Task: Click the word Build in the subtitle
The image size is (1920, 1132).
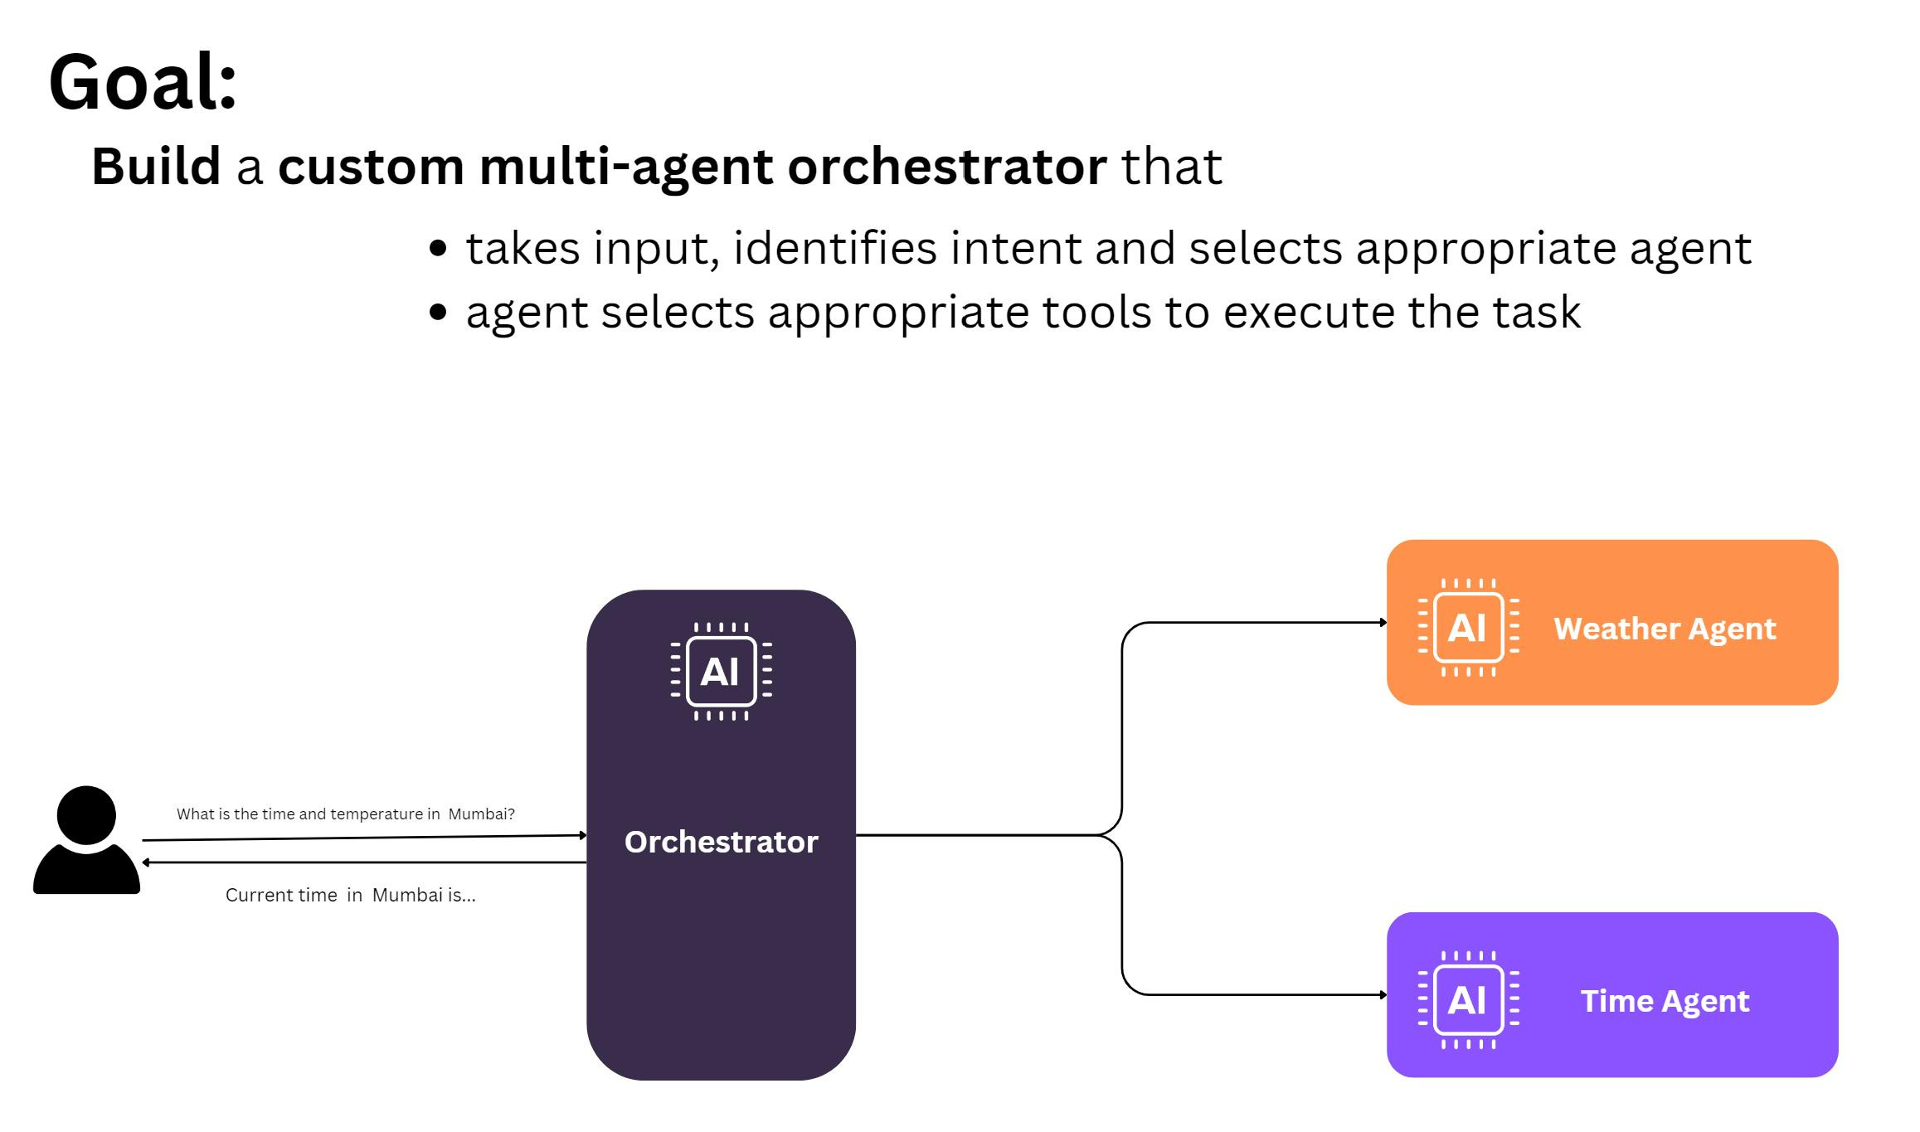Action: [x=156, y=166]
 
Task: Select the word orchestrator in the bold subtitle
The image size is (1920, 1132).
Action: [x=946, y=166]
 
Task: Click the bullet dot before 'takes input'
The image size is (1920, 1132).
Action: [x=439, y=248]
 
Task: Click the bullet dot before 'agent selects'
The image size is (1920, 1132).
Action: [x=439, y=313]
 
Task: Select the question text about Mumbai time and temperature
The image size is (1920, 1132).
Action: [x=345, y=814]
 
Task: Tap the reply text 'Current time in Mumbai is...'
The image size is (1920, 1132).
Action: [x=350, y=896]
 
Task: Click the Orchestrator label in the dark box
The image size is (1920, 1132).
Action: [x=721, y=842]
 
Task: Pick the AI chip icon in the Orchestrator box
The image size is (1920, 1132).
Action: [x=721, y=671]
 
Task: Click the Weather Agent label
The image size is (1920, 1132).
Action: [x=1665, y=629]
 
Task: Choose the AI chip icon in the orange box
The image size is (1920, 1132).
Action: [x=1468, y=627]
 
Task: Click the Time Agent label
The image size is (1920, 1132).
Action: [x=1665, y=1001]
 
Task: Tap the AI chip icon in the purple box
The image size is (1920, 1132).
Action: [x=1468, y=999]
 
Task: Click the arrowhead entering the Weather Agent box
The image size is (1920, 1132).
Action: [x=1383, y=623]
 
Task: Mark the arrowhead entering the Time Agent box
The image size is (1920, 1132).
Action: [x=1383, y=994]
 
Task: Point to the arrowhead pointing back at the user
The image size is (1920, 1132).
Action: [x=146, y=862]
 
